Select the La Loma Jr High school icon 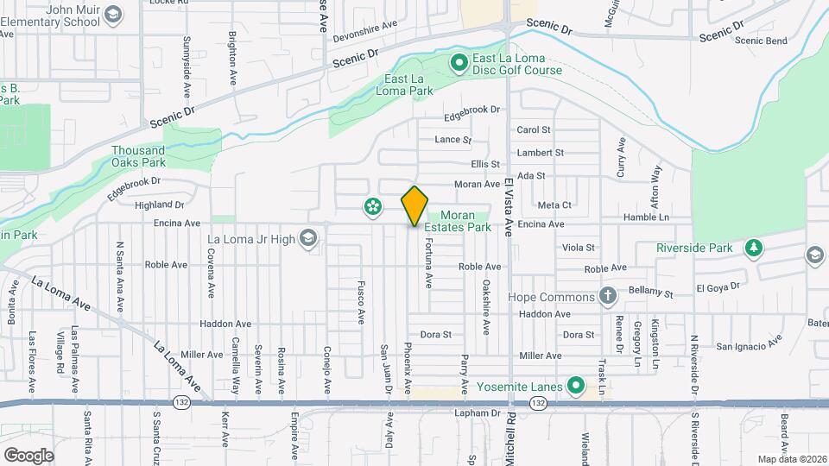pyautogui.click(x=307, y=238)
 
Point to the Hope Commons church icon pyautogui.click(x=608, y=297)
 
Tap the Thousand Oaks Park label pyautogui.click(x=138, y=156)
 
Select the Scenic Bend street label pyautogui.click(x=760, y=41)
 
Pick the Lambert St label pyautogui.click(x=540, y=153)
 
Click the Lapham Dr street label pyautogui.click(x=478, y=413)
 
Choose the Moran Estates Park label pyautogui.click(x=466, y=222)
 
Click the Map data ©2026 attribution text pyautogui.click(x=792, y=458)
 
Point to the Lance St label pyautogui.click(x=453, y=140)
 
